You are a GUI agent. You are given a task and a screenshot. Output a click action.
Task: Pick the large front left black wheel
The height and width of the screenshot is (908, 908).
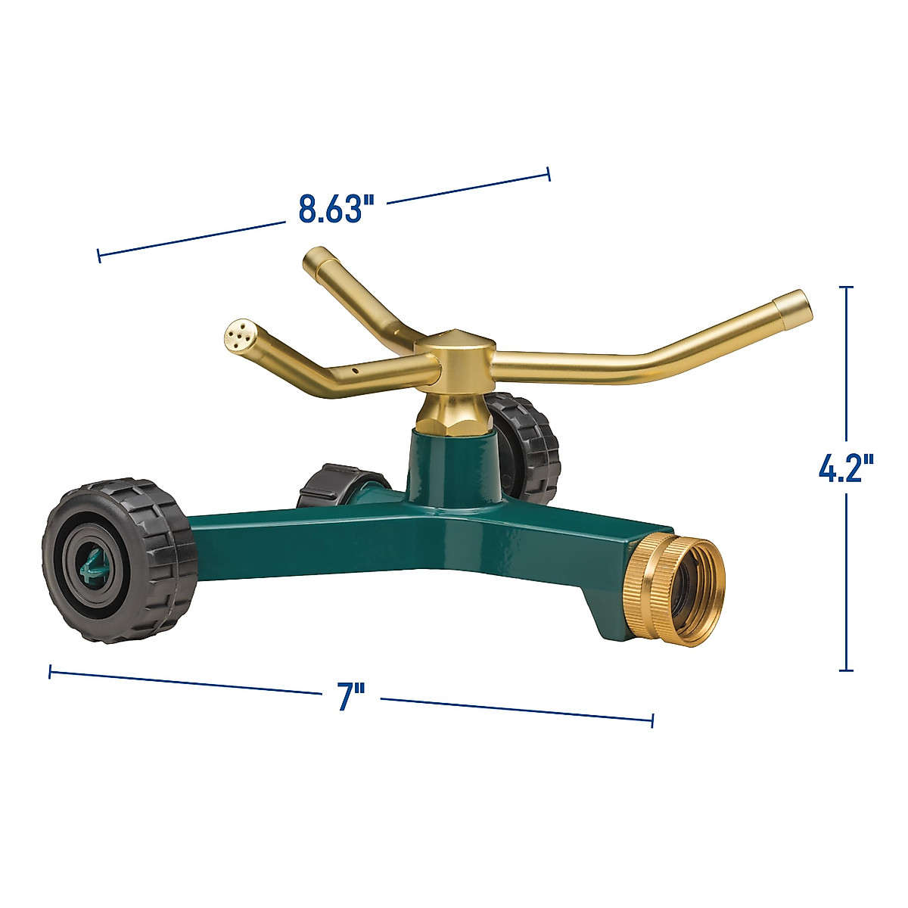tap(119, 561)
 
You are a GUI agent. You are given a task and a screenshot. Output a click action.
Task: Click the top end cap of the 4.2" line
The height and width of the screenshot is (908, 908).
tap(847, 288)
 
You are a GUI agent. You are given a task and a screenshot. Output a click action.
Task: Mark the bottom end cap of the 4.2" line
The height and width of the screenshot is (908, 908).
tap(847, 670)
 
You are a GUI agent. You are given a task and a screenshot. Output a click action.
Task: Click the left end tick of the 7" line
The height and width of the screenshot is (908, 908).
tap(50, 671)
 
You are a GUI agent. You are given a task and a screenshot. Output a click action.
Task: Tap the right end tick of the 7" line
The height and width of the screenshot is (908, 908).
tap(652, 720)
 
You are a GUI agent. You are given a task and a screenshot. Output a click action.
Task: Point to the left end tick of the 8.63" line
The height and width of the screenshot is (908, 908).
tap(98, 256)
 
